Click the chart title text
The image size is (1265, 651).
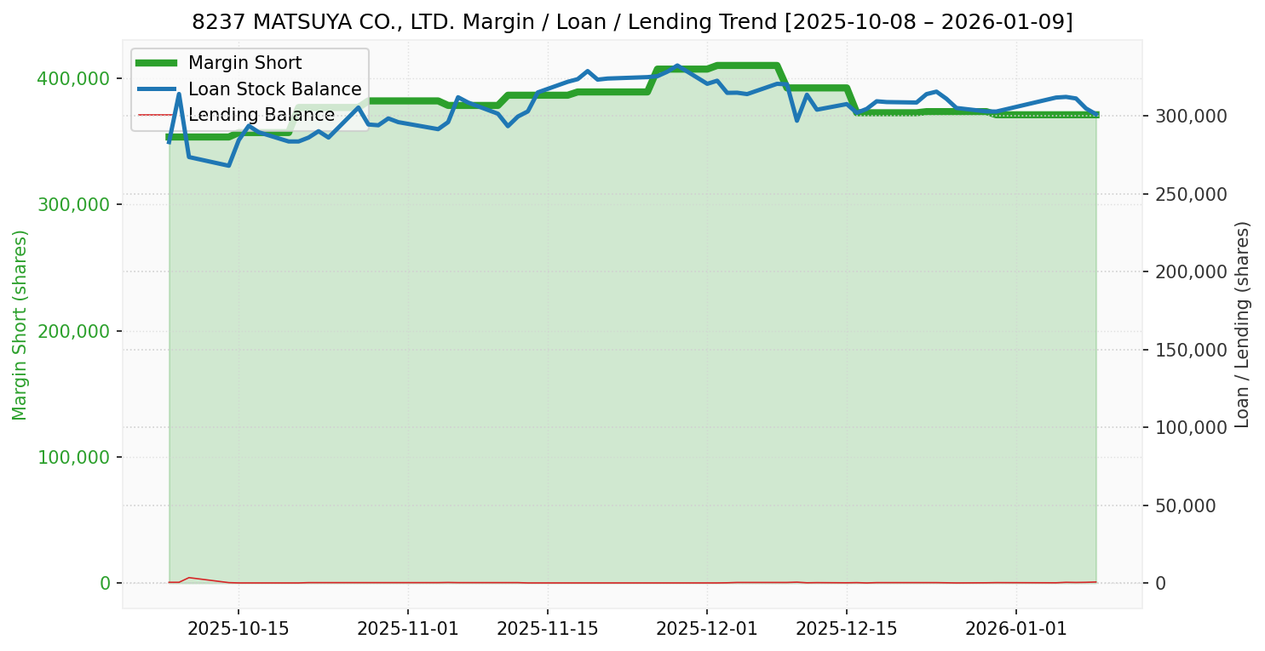click(x=632, y=22)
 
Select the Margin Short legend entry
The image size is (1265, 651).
click(x=244, y=63)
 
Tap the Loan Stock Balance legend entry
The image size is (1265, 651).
click(x=274, y=89)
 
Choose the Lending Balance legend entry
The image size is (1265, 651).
click(x=261, y=115)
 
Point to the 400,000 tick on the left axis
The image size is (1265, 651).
click(x=73, y=78)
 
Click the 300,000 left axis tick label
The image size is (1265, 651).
click(x=73, y=204)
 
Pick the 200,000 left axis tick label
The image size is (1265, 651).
click(x=73, y=331)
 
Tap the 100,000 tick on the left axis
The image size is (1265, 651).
click(x=73, y=457)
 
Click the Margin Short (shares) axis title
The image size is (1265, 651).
click(x=20, y=325)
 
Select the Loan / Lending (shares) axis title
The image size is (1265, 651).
click(x=1242, y=325)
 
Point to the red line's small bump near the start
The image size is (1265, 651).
click(x=188, y=578)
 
